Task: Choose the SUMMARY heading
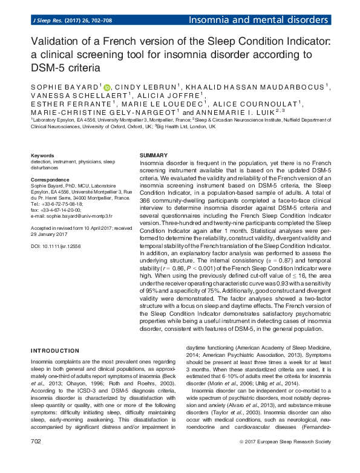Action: [153, 155]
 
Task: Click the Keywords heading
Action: [42, 155]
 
